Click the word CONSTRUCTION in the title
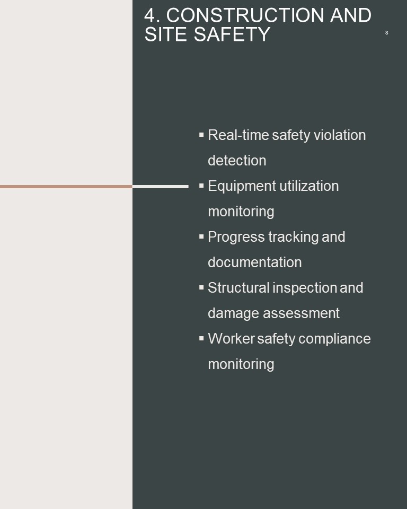coord(245,15)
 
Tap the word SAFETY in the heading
coord(232,34)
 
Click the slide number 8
coord(386,32)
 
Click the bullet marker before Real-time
coord(201,134)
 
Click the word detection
coord(237,160)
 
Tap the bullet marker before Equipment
coord(201,186)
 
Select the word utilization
coord(309,186)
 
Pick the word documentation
coord(255,262)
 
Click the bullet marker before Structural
coord(201,287)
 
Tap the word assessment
coord(301,313)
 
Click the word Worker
coord(231,339)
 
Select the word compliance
coord(334,339)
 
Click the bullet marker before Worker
coord(201,338)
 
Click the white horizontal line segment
coord(161,187)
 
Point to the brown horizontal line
coord(66,187)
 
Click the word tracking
coord(294,238)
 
